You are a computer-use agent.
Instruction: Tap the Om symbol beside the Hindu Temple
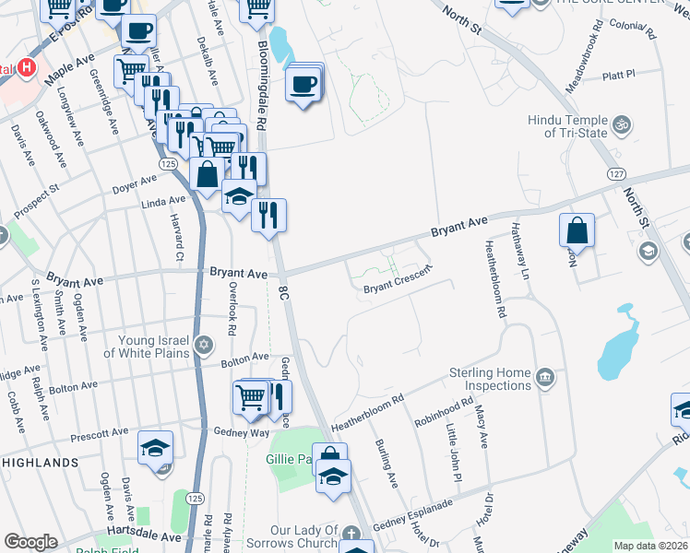pyautogui.click(x=622, y=122)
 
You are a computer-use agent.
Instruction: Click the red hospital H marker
pyautogui.click(x=27, y=68)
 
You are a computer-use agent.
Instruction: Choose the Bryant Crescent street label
pyautogui.click(x=398, y=288)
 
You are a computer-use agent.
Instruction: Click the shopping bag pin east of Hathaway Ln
pyautogui.click(x=577, y=229)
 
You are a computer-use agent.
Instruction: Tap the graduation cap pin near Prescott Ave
pyautogui.click(x=155, y=449)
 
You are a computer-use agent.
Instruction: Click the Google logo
pyautogui.click(x=30, y=542)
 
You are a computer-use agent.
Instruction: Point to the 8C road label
pyautogui.click(x=283, y=294)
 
